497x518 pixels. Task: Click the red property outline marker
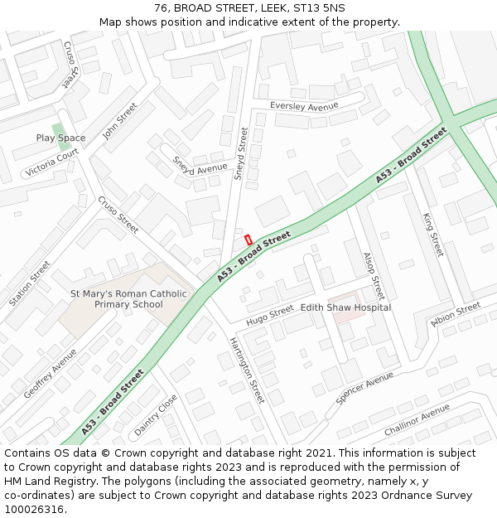pyautogui.click(x=248, y=240)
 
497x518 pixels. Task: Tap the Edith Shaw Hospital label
pyautogui.click(x=345, y=307)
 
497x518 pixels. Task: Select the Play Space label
pyautogui.click(x=60, y=138)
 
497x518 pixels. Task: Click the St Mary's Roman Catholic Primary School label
pyautogui.click(x=128, y=299)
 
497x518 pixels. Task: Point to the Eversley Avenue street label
pyautogui.click(x=304, y=106)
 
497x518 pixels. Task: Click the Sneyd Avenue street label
pyautogui.click(x=200, y=166)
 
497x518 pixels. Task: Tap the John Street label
pyautogui.click(x=119, y=120)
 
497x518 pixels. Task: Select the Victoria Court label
pyautogui.click(x=51, y=162)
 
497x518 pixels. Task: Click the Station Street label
pyautogui.click(x=30, y=283)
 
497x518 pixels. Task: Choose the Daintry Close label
pyautogui.click(x=156, y=414)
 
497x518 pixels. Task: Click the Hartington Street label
pyautogui.click(x=247, y=370)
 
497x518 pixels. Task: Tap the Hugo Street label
pyautogui.click(x=270, y=314)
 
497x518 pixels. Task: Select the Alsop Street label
pyautogui.click(x=374, y=276)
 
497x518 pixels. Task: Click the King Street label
pyautogui.click(x=433, y=234)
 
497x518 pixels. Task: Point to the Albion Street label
pyautogui.click(x=456, y=314)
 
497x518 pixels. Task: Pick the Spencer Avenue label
pyautogui.click(x=364, y=388)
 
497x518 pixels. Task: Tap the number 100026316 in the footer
pyautogui.click(x=36, y=509)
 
